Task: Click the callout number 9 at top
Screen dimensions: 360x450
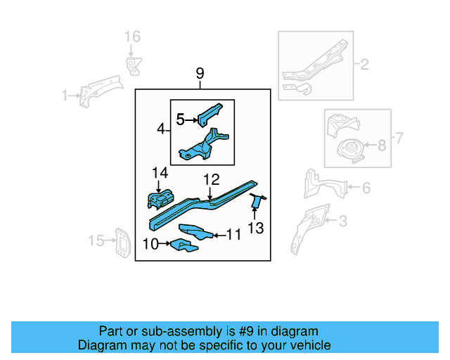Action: point(200,73)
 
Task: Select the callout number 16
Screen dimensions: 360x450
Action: point(132,37)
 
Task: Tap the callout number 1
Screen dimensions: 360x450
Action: point(65,95)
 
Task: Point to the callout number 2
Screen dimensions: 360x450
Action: point(364,65)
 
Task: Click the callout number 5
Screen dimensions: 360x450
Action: point(180,120)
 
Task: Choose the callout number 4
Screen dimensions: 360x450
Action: point(161,129)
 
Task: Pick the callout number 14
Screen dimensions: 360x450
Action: point(160,172)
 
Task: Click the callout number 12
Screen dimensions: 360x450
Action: point(212,180)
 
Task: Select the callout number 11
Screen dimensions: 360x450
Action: point(233,233)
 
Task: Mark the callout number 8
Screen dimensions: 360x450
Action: point(382,146)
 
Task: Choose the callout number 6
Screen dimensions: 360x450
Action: point(366,187)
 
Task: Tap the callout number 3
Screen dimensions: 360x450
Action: point(342,222)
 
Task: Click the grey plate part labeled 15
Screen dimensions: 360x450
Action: point(122,243)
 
